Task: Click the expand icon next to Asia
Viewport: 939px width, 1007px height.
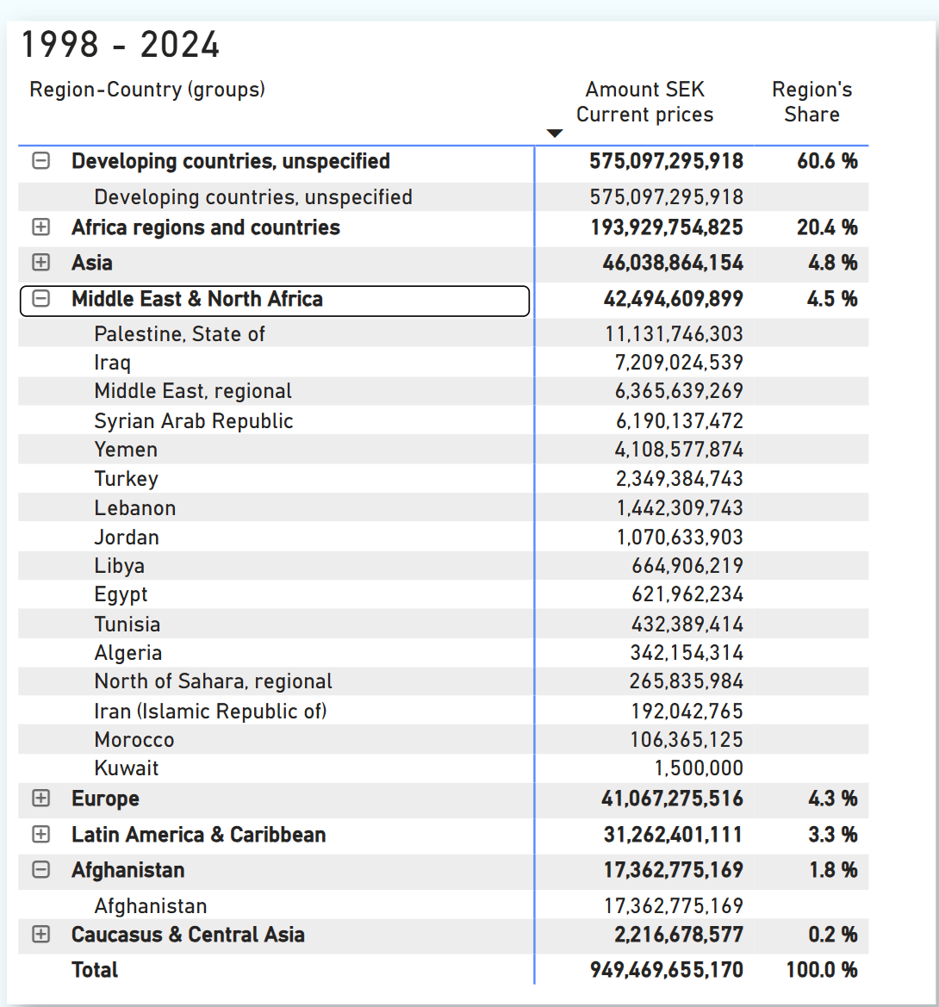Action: pos(40,263)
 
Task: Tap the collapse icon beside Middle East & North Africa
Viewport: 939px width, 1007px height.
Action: pos(40,299)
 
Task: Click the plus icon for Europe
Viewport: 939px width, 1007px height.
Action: pos(40,799)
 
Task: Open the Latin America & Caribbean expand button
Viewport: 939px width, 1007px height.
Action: pos(40,835)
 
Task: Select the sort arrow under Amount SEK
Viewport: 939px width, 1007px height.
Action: pos(555,133)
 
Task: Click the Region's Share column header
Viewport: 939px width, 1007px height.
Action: pos(812,102)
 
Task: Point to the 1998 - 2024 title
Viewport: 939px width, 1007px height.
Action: pos(121,45)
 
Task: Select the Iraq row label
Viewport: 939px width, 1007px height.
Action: pos(113,363)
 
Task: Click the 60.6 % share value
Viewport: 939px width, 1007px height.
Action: pos(827,161)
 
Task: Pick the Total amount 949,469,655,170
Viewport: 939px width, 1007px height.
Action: pos(666,970)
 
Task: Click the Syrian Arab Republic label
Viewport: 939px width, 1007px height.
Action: pos(194,421)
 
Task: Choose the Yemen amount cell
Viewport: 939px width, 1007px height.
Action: pos(679,450)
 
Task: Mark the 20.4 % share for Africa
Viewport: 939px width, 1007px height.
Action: pos(827,227)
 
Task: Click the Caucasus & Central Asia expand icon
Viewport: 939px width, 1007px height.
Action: pos(40,935)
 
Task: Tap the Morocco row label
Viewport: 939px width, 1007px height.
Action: pos(134,740)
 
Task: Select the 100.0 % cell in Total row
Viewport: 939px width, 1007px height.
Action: pos(822,970)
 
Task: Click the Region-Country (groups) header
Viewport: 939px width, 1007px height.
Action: pos(147,90)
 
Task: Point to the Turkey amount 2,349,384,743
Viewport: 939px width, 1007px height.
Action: pos(679,479)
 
